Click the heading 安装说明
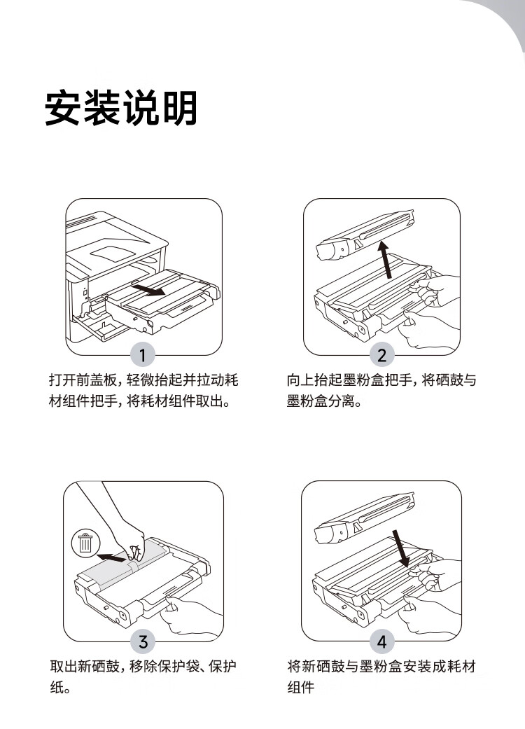tap(120, 109)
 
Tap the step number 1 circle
tap(143, 355)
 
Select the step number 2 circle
tap(381, 355)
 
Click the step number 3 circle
tap(143, 641)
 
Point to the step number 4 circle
tap(381, 641)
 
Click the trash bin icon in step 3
tap(85, 543)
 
